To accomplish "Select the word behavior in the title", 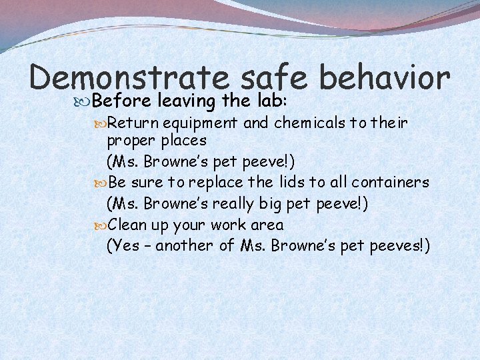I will [385, 79].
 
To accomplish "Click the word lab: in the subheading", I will [270, 101].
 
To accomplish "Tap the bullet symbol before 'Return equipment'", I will [101, 123].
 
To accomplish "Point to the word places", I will [182, 141].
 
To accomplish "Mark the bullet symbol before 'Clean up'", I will [101, 225].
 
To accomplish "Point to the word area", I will [267, 225].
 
